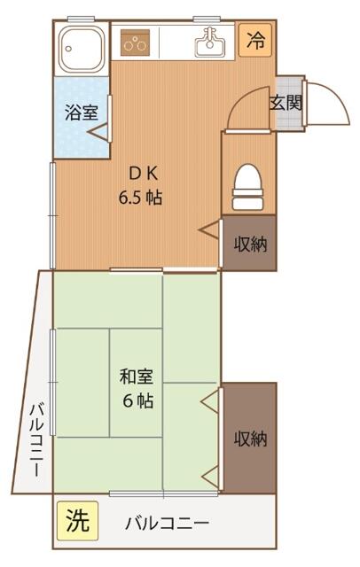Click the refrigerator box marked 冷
click(x=254, y=40)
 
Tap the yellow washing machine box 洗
click(x=77, y=521)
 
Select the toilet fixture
click(x=247, y=187)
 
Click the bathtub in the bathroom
click(x=82, y=49)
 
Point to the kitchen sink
click(x=210, y=43)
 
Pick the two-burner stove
click(x=135, y=43)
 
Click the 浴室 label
click(x=82, y=113)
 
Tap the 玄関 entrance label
click(x=286, y=103)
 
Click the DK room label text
click(x=144, y=175)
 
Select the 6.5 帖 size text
click(x=140, y=198)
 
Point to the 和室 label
click(x=137, y=377)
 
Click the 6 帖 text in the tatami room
click(x=137, y=400)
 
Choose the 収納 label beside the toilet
click(x=250, y=245)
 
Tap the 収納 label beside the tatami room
click(x=250, y=439)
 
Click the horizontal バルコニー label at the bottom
click(x=168, y=524)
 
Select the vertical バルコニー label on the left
click(x=36, y=439)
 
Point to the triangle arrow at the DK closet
click(x=208, y=229)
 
